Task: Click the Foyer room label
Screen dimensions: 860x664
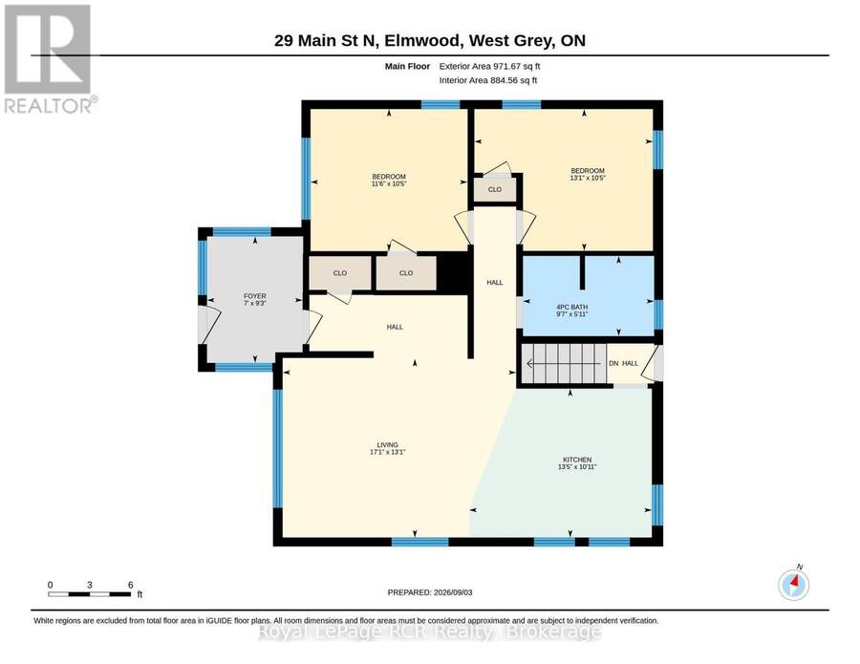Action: point(255,299)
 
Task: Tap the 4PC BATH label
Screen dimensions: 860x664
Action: point(572,311)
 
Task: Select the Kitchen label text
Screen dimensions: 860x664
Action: point(577,463)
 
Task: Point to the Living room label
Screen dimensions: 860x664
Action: point(387,448)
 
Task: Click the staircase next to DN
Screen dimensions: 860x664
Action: point(563,363)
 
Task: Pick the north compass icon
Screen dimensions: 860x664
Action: point(794,585)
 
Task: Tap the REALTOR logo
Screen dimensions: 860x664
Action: point(50,59)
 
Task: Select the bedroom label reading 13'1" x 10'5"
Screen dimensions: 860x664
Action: point(588,175)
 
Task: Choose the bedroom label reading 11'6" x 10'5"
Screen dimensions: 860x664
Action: point(389,181)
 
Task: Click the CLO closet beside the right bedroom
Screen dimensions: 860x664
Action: point(495,190)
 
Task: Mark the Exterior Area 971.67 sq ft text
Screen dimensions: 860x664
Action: point(490,66)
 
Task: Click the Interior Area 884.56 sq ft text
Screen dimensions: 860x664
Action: point(488,80)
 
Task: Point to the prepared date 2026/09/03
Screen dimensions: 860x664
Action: point(430,592)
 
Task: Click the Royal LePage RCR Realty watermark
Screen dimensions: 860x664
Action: point(429,632)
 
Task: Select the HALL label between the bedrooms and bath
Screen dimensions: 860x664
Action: point(495,283)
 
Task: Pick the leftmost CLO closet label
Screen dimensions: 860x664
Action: point(340,273)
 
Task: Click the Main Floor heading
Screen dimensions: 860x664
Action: point(407,66)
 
